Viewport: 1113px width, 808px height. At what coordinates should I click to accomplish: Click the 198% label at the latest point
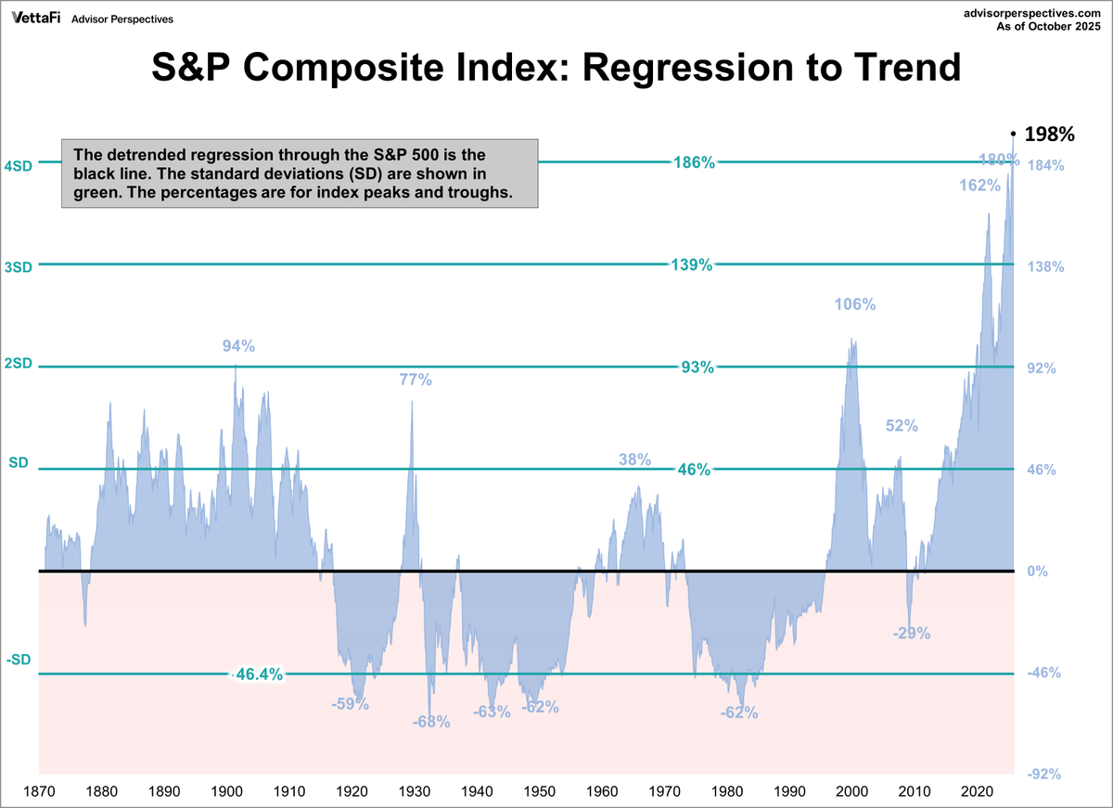1048,135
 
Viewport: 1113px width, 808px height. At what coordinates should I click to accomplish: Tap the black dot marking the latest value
1013,134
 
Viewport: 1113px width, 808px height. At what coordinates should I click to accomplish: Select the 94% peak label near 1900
238,346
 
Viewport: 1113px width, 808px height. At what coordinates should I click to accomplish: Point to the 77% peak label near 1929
416,379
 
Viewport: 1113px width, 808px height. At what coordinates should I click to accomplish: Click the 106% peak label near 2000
854,305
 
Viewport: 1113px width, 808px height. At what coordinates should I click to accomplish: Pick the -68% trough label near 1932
431,721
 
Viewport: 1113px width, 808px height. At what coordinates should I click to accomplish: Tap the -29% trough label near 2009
911,634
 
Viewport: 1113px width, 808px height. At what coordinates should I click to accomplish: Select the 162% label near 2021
979,186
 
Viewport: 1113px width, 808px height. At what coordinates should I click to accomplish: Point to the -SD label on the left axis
19,660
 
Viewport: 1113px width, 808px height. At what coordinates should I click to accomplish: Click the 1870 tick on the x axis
38,791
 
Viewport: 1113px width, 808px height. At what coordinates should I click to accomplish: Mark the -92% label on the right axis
1043,775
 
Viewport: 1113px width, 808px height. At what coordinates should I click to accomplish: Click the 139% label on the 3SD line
691,265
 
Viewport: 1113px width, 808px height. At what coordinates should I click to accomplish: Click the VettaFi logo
36,18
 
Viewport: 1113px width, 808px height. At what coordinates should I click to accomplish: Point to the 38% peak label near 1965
635,460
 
